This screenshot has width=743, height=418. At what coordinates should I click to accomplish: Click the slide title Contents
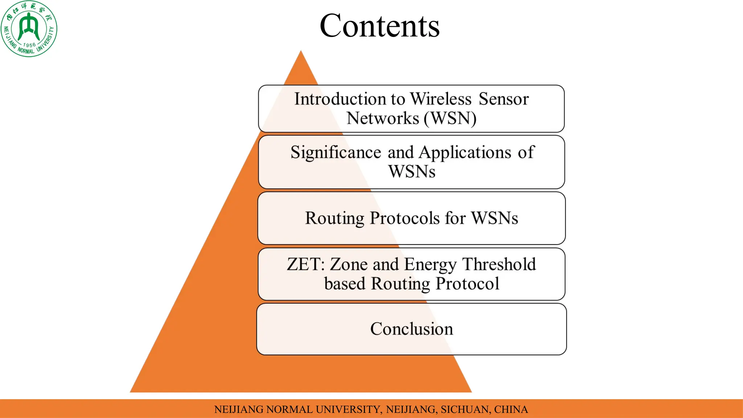379,26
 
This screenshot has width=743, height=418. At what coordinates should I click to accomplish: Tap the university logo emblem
29,29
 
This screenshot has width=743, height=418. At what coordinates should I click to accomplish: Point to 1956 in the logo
29,45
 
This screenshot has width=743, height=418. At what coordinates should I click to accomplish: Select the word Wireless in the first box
440,99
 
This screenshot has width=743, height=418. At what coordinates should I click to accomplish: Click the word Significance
336,152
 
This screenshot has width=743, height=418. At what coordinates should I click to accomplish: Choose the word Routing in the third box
334,218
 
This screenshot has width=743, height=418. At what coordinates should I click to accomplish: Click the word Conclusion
411,329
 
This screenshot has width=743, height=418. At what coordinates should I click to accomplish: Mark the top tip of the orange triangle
301,52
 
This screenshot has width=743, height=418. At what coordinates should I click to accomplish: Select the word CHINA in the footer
511,409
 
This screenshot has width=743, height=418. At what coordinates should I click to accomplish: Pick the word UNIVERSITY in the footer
348,409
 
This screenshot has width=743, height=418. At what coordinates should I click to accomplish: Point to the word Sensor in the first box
504,99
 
